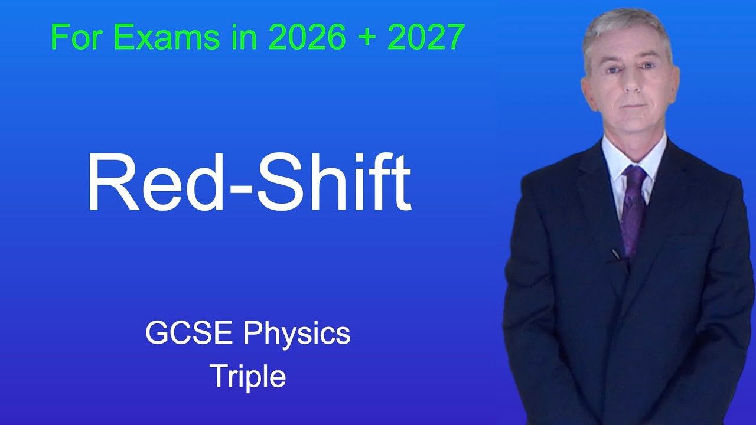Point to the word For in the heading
coord(77,37)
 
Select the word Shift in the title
coord(319,183)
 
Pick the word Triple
coord(247,377)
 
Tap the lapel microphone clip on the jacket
coord(616,254)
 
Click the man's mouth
coord(631,106)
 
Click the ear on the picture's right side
coord(673,83)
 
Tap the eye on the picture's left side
coord(614,69)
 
